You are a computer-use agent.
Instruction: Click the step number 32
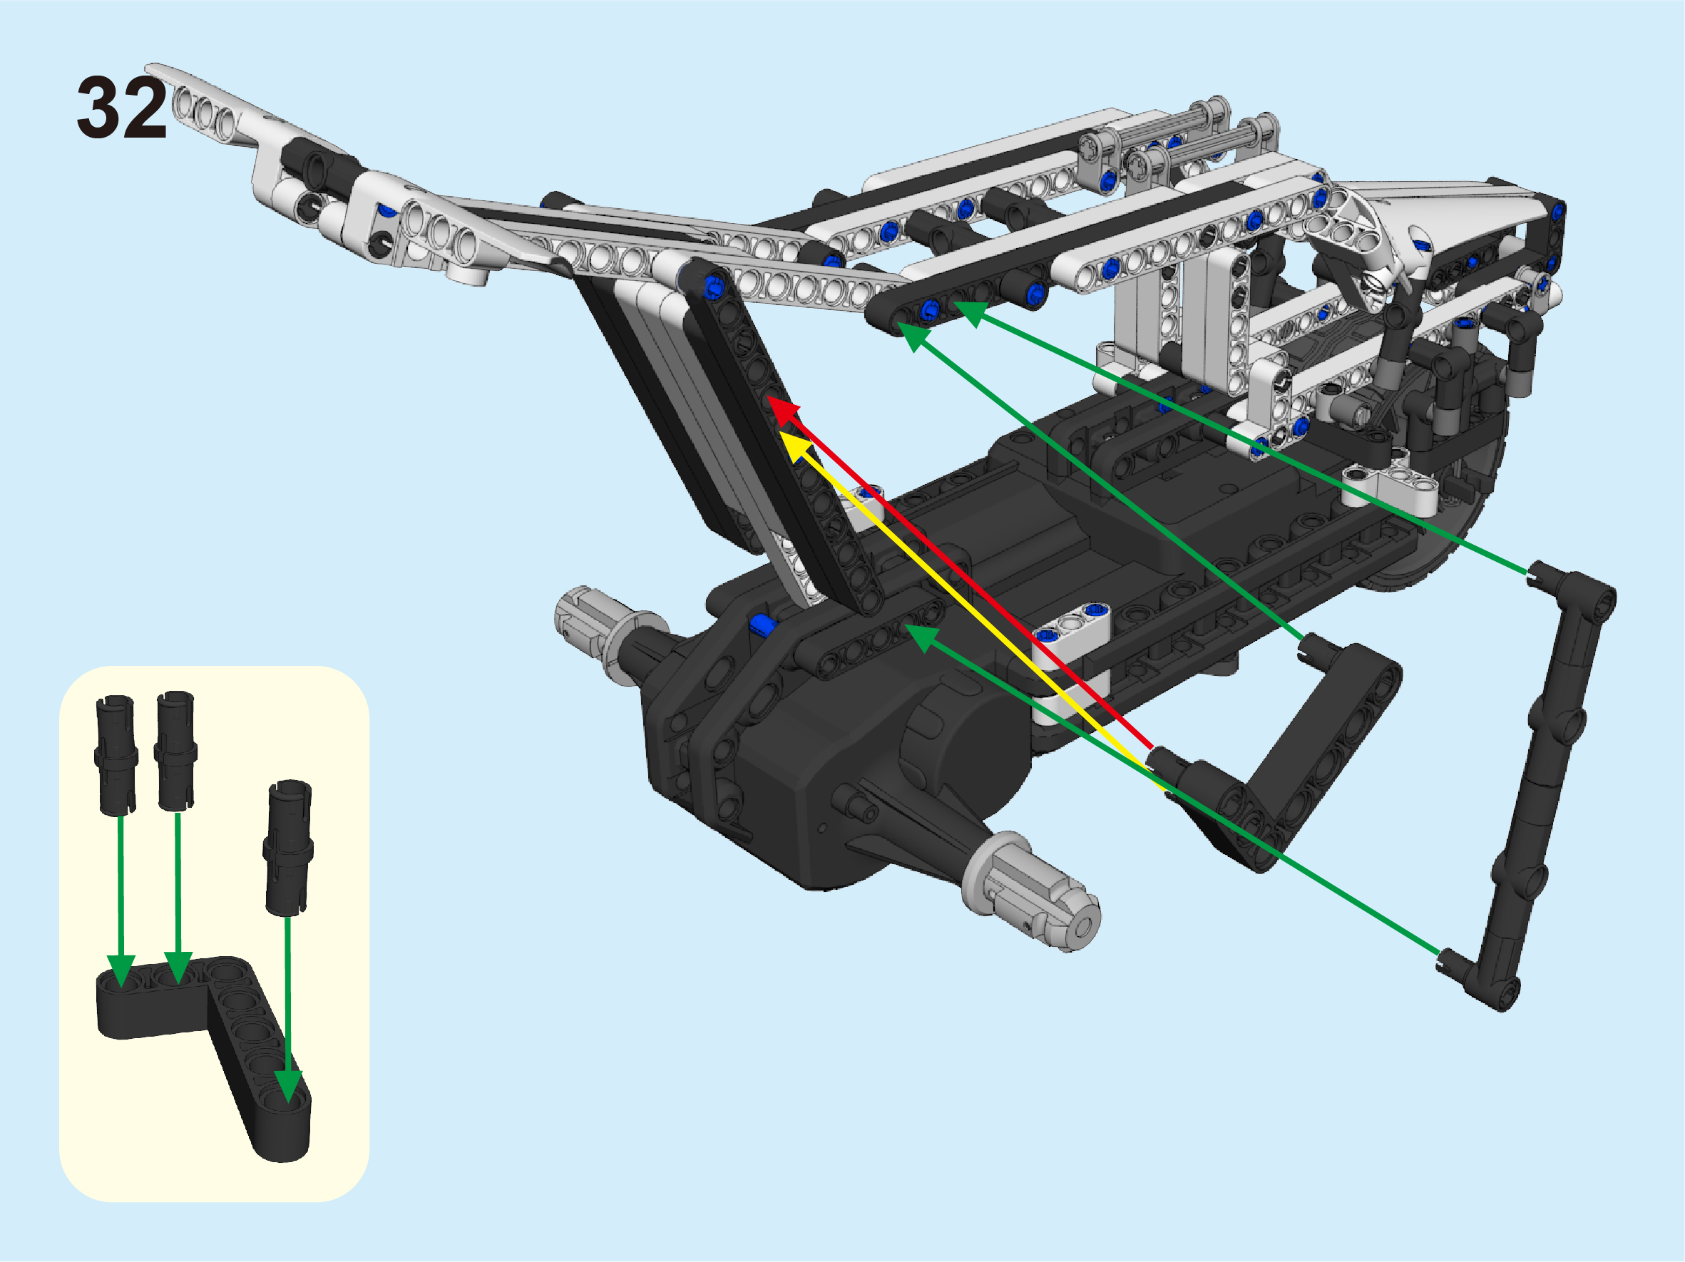[122, 108]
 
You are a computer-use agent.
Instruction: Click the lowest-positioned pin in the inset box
[288, 846]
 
